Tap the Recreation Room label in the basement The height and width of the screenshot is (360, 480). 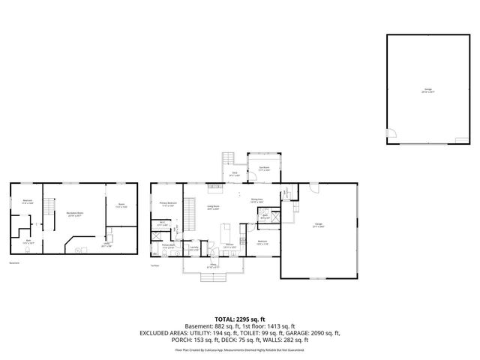pos(73,214)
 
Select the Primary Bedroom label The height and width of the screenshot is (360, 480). pos(167,203)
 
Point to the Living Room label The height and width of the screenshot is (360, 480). pos(212,208)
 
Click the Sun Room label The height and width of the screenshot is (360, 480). pos(264,168)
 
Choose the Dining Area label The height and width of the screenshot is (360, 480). pos(256,201)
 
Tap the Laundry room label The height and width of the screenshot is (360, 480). pos(193,247)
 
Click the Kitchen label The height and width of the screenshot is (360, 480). pos(229,247)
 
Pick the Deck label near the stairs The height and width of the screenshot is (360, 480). pos(235,174)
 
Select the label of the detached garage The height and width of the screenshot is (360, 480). pos(427,91)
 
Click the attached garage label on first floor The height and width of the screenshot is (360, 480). pos(319,225)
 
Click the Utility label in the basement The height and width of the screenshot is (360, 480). pos(107,244)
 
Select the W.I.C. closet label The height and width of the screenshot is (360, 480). pos(162,223)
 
